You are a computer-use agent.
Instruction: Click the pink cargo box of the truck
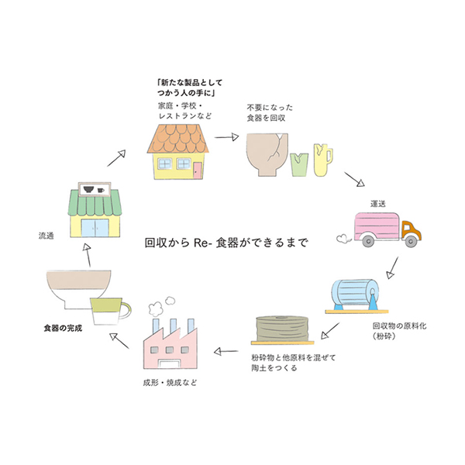coord(377,228)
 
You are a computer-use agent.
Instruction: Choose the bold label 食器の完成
coord(62,328)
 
